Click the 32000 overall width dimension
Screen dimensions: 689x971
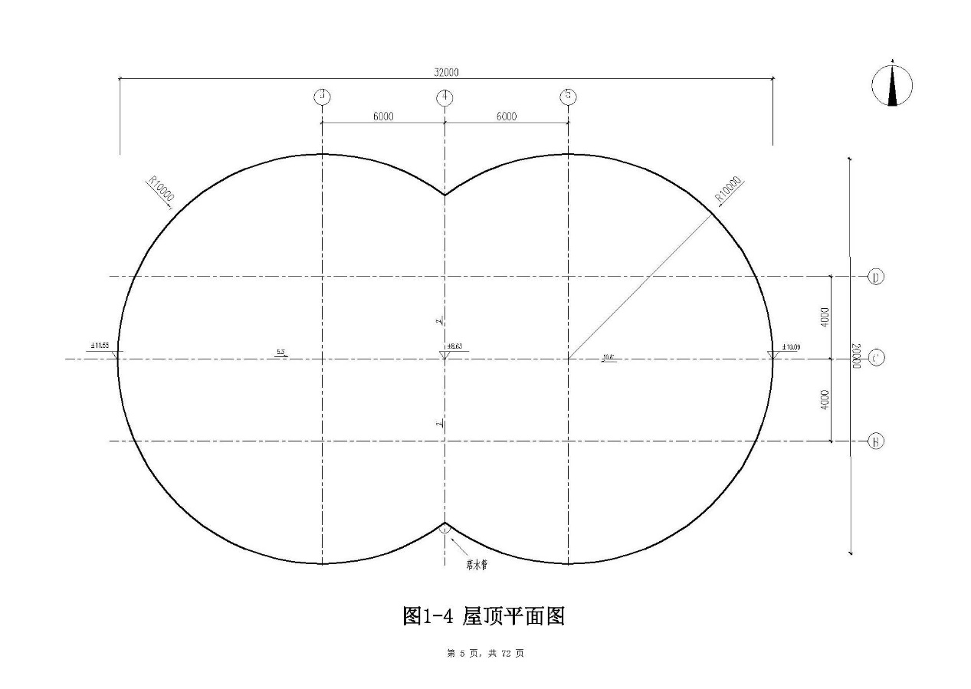(x=446, y=72)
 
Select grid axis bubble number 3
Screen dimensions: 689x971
(x=323, y=97)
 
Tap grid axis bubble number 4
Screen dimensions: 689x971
(x=444, y=97)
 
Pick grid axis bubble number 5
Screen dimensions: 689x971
(x=568, y=97)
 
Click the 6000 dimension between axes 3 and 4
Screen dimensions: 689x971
(x=383, y=116)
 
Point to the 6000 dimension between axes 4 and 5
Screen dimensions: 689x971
(x=506, y=116)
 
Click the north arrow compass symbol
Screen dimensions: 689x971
(x=892, y=84)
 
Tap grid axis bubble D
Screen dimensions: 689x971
(x=876, y=276)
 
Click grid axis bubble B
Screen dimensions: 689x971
(x=876, y=441)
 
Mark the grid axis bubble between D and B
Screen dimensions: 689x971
(x=876, y=358)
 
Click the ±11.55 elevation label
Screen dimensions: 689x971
(x=100, y=346)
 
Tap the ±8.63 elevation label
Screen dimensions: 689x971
(x=456, y=346)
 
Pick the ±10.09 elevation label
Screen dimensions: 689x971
(x=791, y=347)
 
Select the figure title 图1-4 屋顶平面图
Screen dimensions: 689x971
(x=484, y=615)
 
